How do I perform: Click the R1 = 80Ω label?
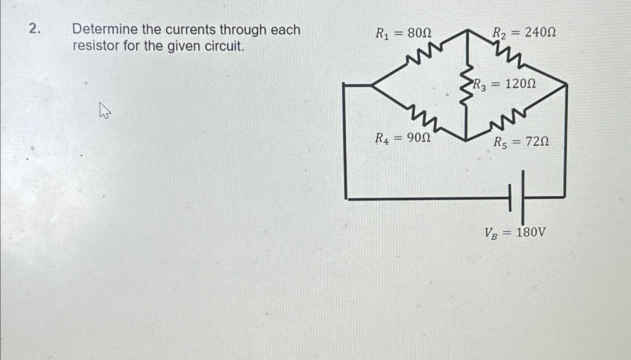[403, 34]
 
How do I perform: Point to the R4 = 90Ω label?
[403, 138]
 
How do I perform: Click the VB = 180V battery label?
[515, 233]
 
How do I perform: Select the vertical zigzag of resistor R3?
[467, 84]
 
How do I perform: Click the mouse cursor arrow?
[104, 110]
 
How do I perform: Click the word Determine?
[105, 29]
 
